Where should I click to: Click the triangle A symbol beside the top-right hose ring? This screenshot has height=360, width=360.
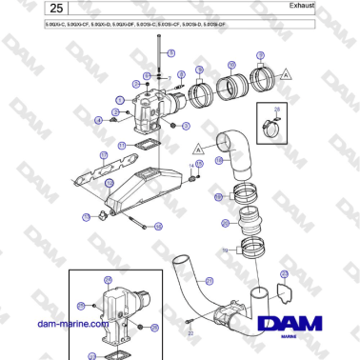286,73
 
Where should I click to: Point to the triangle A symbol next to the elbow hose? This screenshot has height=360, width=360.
197,149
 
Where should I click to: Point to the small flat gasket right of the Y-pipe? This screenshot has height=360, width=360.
283,290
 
